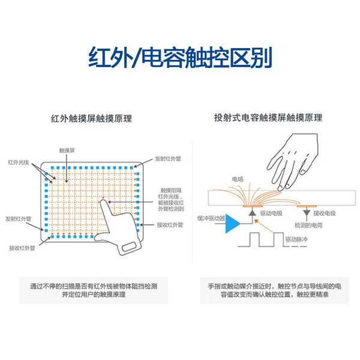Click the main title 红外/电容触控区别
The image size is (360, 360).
tap(180, 57)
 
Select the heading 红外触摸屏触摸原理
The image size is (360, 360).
tap(91, 118)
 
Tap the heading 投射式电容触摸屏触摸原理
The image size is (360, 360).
tap(268, 118)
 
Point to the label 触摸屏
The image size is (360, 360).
tap(67, 151)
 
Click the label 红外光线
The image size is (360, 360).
tap(19, 163)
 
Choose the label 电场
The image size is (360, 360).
tap(238, 179)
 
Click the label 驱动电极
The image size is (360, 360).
tap(271, 213)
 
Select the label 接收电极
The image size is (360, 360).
tap(325, 213)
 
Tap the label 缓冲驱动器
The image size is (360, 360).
tap(211, 218)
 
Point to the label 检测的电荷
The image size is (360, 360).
tap(308, 225)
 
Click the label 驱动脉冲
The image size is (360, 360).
tap(296, 239)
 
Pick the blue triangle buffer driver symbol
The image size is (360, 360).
tap(232, 223)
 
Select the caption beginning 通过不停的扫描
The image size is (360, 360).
tap(94, 290)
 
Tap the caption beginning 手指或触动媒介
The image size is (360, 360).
tap(275, 290)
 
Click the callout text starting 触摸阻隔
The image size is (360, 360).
tap(171, 200)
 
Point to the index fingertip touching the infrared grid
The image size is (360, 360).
tap(103, 201)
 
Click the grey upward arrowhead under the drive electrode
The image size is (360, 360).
tap(253, 212)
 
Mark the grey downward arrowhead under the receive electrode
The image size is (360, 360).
tap(307, 212)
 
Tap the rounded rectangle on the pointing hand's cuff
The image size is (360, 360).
tap(129, 247)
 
